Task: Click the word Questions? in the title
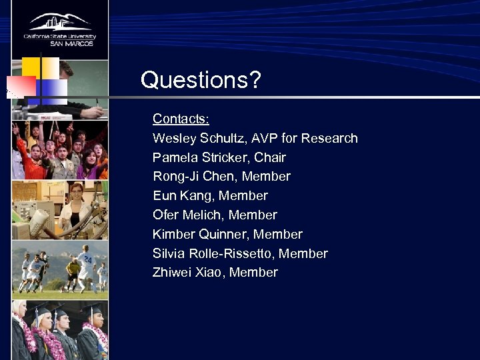[201, 81]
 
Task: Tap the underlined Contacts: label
[181, 119]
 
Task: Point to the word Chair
[270, 158]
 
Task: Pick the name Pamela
[175, 158]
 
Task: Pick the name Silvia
[169, 254]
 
